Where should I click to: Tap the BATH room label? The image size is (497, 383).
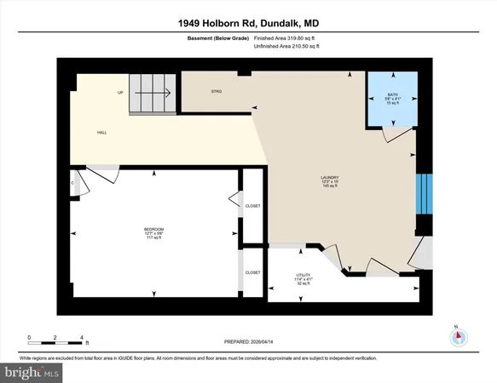tap(392, 95)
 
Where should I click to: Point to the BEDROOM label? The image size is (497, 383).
tap(153, 230)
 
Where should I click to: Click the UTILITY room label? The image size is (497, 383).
tap(303, 276)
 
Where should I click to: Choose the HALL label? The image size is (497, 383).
tap(101, 133)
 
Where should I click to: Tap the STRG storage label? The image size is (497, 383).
tap(217, 91)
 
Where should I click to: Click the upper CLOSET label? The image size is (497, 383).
tap(252, 206)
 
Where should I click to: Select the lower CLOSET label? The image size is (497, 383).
tap(252, 272)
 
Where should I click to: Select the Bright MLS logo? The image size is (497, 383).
tap(32, 372)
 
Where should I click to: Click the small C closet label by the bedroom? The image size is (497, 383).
tap(74, 182)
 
